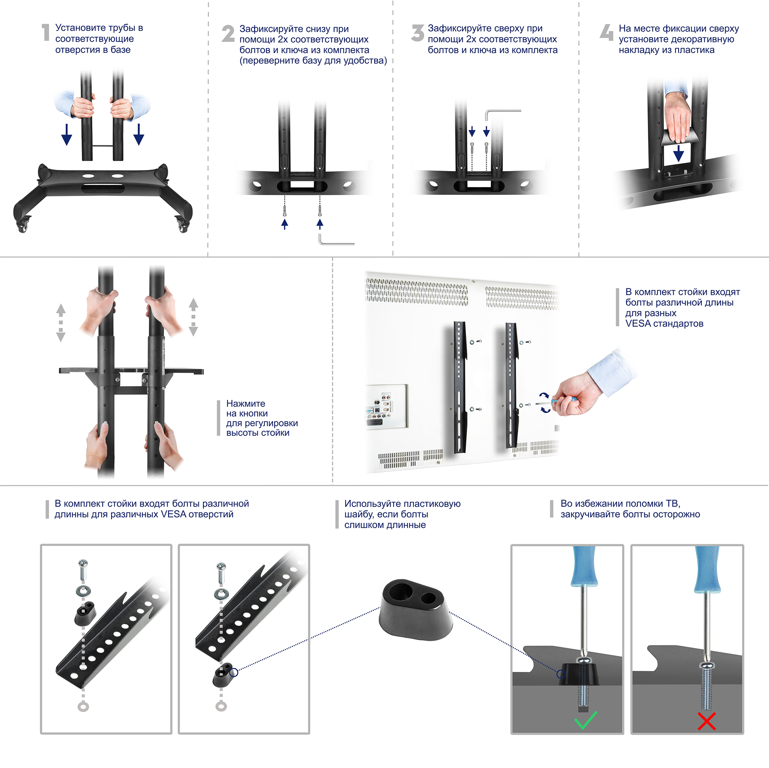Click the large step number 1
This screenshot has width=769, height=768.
46,32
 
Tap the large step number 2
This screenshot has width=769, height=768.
228,33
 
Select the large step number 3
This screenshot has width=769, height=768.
418,33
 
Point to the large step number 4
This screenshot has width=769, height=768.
607,32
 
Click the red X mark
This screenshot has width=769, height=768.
706,721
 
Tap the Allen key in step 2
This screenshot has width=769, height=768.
336,240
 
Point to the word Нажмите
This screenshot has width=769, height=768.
246,404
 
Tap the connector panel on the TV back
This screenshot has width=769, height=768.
386,406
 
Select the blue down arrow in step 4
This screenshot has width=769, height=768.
678,153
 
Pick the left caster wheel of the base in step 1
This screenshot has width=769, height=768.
22,226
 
